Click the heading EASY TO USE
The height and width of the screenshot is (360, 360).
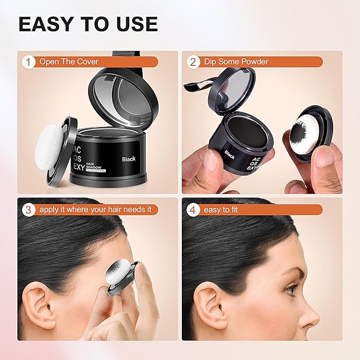(x=88, y=24)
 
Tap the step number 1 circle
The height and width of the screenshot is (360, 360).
(x=29, y=62)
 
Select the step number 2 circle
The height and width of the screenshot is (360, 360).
(x=194, y=62)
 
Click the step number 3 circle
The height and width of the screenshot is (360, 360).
(x=29, y=209)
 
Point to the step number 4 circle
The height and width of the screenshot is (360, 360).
(x=194, y=209)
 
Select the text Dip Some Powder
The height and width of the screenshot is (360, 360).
(x=236, y=62)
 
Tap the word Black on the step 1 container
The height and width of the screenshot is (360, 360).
(x=128, y=158)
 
